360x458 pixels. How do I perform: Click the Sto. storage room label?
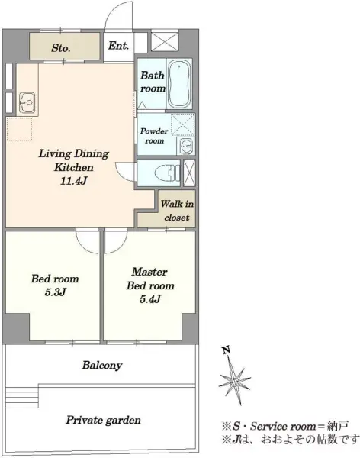point(61,48)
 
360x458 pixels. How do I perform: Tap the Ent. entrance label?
point(118,46)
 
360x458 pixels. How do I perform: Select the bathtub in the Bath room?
point(179,84)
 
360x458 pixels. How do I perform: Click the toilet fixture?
point(167,173)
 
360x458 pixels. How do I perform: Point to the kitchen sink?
point(27,102)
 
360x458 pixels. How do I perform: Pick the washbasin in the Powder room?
point(186,146)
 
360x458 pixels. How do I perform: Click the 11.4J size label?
point(73,181)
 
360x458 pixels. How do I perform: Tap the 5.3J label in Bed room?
point(55,292)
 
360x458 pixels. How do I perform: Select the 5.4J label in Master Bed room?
point(150,298)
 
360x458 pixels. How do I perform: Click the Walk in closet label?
point(177,211)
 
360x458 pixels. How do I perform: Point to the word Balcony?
point(102,365)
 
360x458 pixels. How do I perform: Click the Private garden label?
point(103,420)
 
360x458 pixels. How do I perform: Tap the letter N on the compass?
point(226,350)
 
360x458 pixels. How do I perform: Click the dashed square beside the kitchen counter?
point(19,129)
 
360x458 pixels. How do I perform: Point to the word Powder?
point(154,131)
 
